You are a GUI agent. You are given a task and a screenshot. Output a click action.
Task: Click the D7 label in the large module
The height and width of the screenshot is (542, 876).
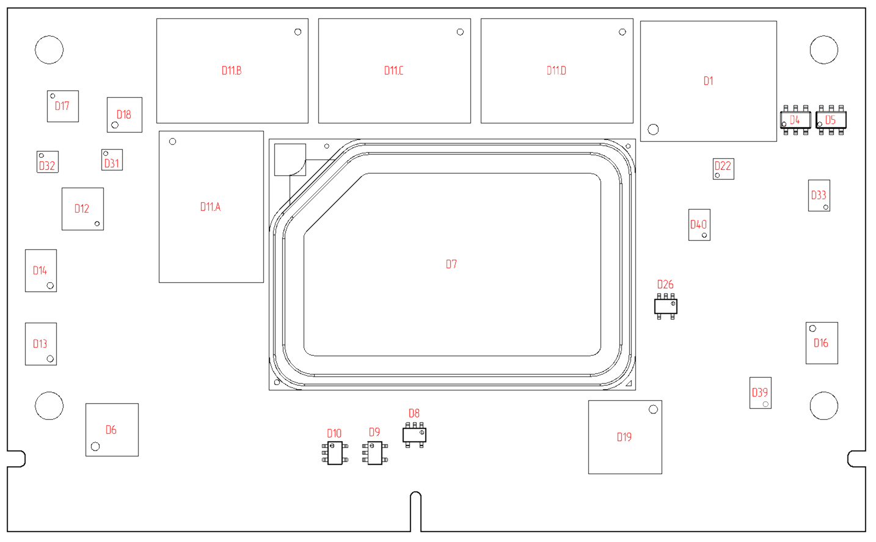451,265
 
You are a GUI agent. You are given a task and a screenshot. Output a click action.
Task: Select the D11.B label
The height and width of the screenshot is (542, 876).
232,71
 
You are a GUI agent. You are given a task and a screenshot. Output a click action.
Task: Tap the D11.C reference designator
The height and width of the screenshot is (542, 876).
394,71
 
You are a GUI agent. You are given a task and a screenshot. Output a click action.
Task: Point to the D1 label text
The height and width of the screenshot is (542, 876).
708,81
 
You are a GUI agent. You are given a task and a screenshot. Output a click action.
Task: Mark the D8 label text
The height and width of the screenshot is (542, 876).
414,413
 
